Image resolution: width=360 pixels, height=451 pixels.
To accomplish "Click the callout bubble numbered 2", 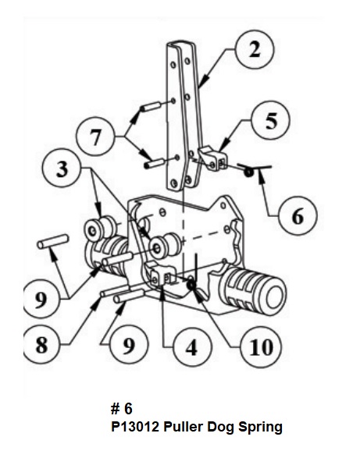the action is pyautogui.click(x=255, y=49).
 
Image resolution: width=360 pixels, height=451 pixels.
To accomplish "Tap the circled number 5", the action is pyautogui.click(x=270, y=120).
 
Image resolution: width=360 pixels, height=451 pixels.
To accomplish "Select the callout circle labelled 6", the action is pyautogui.click(x=298, y=215).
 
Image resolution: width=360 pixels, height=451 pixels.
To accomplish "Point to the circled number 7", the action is pyautogui.click(x=95, y=136).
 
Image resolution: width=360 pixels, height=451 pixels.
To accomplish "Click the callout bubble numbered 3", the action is pyautogui.click(x=61, y=168).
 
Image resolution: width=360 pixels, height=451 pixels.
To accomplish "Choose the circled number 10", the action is pyautogui.click(x=261, y=346).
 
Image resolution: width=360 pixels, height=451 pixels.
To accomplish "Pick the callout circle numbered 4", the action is pyautogui.click(x=192, y=347).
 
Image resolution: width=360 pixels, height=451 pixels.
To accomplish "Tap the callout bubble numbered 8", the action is pyautogui.click(x=41, y=344).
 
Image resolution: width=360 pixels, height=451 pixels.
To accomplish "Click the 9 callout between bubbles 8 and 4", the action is pyautogui.click(x=129, y=344).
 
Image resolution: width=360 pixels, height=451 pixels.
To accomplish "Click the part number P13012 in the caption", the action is pyautogui.click(x=135, y=427).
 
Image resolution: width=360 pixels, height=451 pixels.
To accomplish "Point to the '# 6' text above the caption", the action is pyautogui.click(x=122, y=409).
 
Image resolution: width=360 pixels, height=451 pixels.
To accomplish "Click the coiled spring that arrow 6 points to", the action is pyautogui.click(x=248, y=172).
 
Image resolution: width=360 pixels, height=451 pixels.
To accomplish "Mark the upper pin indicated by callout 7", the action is pyautogui.click(x=151, y=106).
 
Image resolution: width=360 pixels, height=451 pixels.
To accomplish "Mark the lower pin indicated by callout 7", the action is pyautogui.click(x=154, y=164).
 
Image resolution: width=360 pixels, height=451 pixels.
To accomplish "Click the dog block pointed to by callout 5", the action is pyautogui.click(x=213, y=159).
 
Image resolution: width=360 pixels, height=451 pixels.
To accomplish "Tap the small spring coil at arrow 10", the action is pyautogui.click(x=191, y=284).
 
